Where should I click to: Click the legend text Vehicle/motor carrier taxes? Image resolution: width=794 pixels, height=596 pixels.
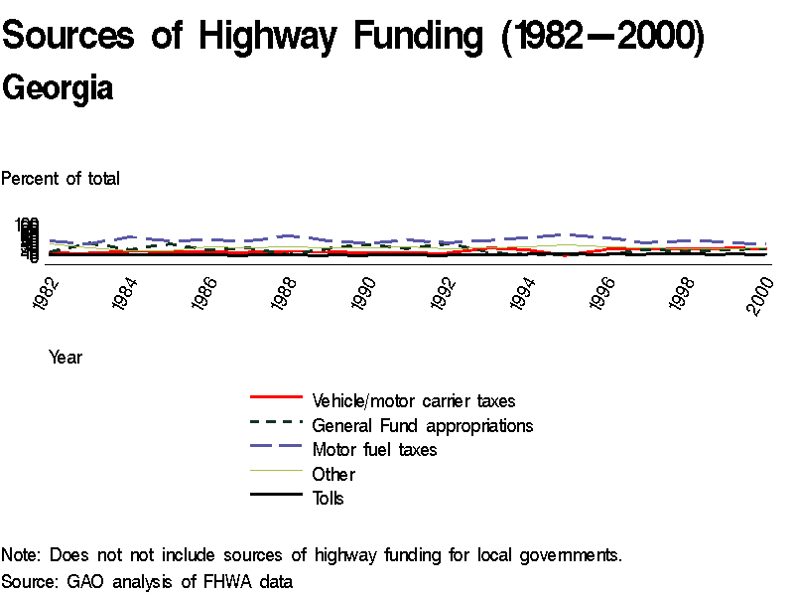414,401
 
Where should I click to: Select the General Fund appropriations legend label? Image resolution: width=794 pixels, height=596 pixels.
423,425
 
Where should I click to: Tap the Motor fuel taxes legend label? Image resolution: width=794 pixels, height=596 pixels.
374,450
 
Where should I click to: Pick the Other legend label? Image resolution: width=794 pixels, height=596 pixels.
333,474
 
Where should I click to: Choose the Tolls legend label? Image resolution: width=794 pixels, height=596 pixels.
329,499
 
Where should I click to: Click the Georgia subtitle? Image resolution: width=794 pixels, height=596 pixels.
58,88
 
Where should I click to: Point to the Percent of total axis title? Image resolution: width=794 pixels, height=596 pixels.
61,179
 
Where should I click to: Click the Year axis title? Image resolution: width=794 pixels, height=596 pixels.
66,358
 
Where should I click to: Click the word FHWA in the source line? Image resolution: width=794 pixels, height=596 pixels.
221,580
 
